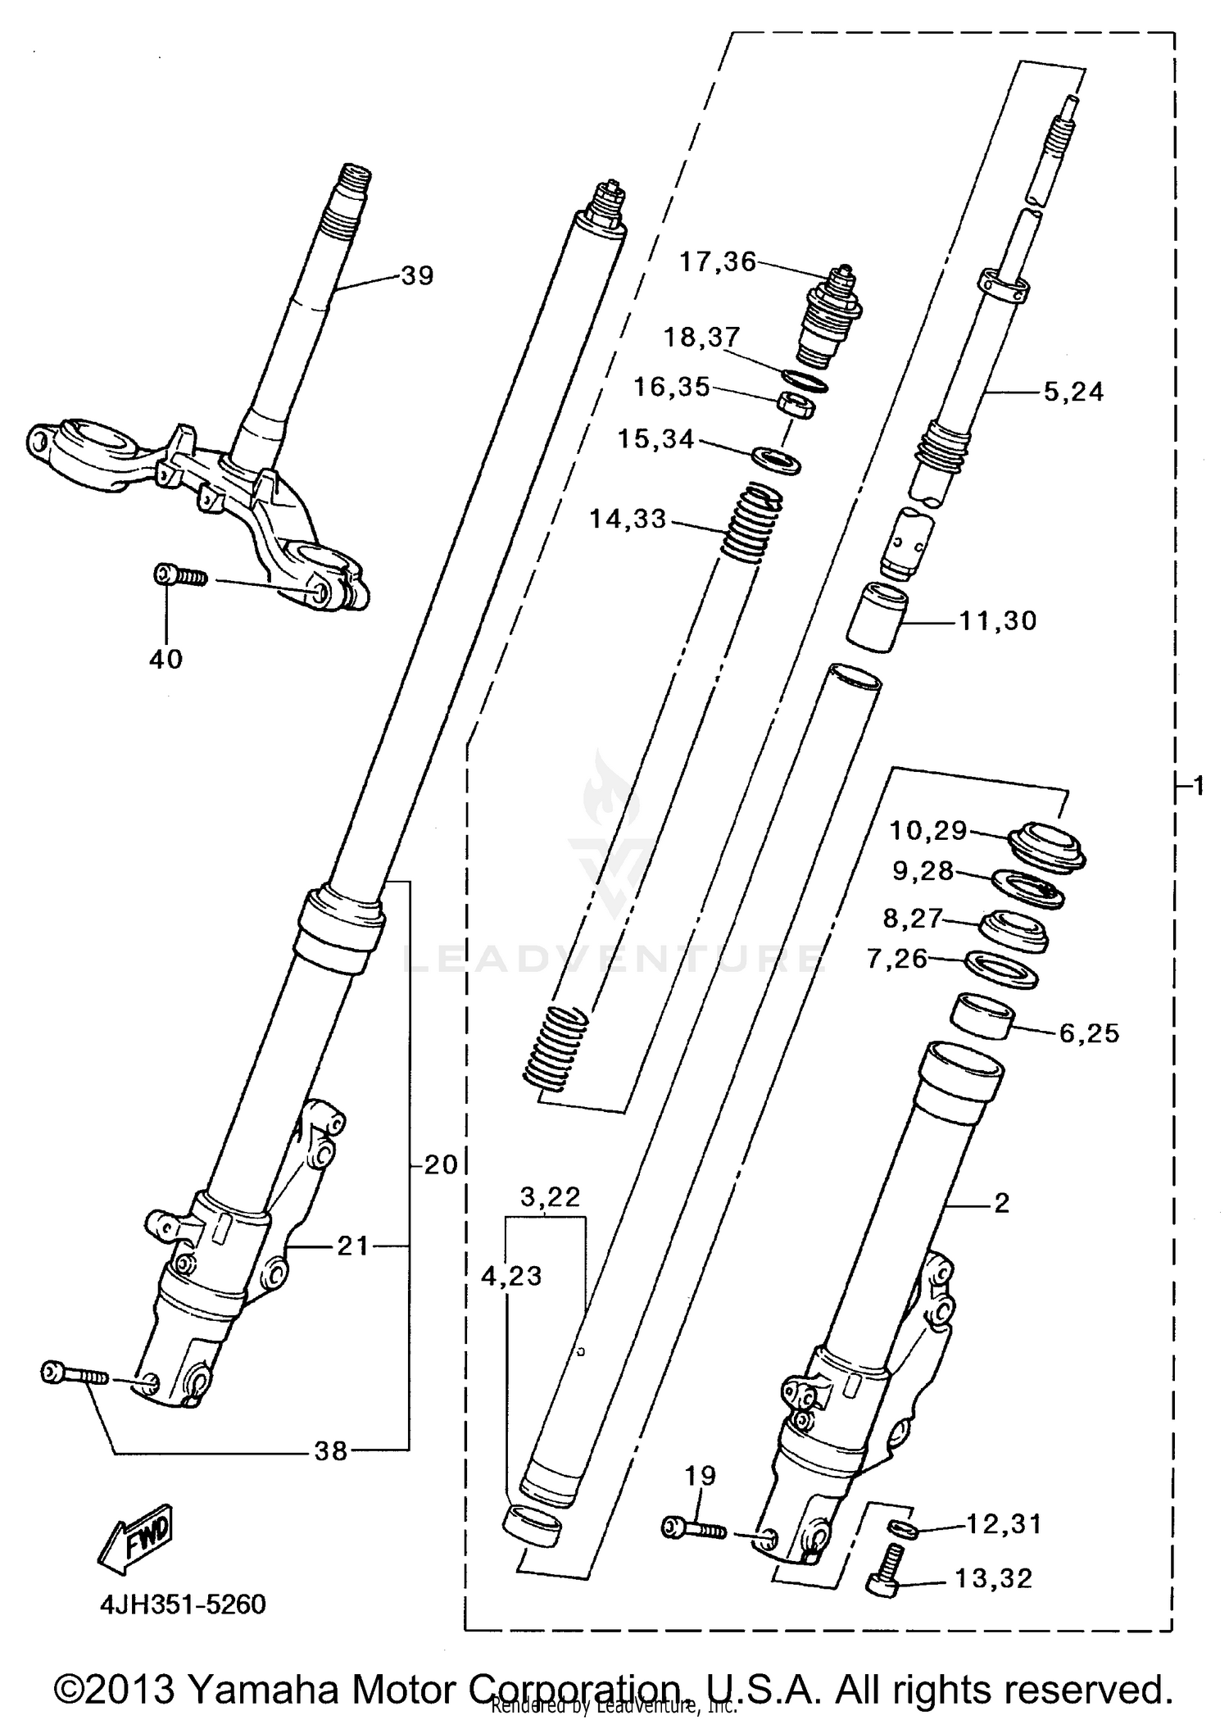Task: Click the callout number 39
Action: click(x=417, y=275)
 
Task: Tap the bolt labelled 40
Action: click(x=180, y=576)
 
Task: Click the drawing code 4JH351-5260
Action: click(x=183, y=1604)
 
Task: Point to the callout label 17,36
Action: click(x=718, y=262)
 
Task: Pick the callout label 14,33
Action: click(x=628, y=520)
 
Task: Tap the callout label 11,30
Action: click(x=998, y=621)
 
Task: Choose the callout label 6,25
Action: click(x=1089, y=1033)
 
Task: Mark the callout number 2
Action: click(x=1001, y=1204)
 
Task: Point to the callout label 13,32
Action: click(x=993, y=1578)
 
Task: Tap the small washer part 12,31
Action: click(x=902, y=1527)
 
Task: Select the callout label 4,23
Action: click(x=511, y=1276)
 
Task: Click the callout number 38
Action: click(x=331, y=1452)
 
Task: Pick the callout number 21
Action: click(x=354, y=1246)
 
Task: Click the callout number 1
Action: click(x=1198, y=787)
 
